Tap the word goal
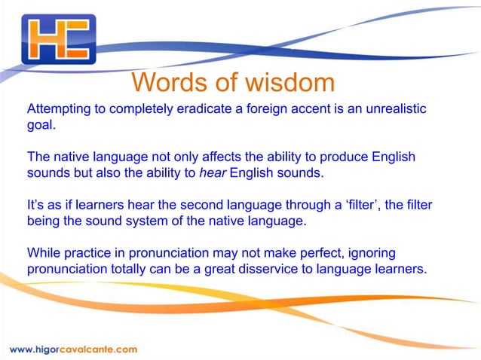(41, 126)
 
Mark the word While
(42, 254)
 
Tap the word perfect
(294, 254)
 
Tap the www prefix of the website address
(21, 349)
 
